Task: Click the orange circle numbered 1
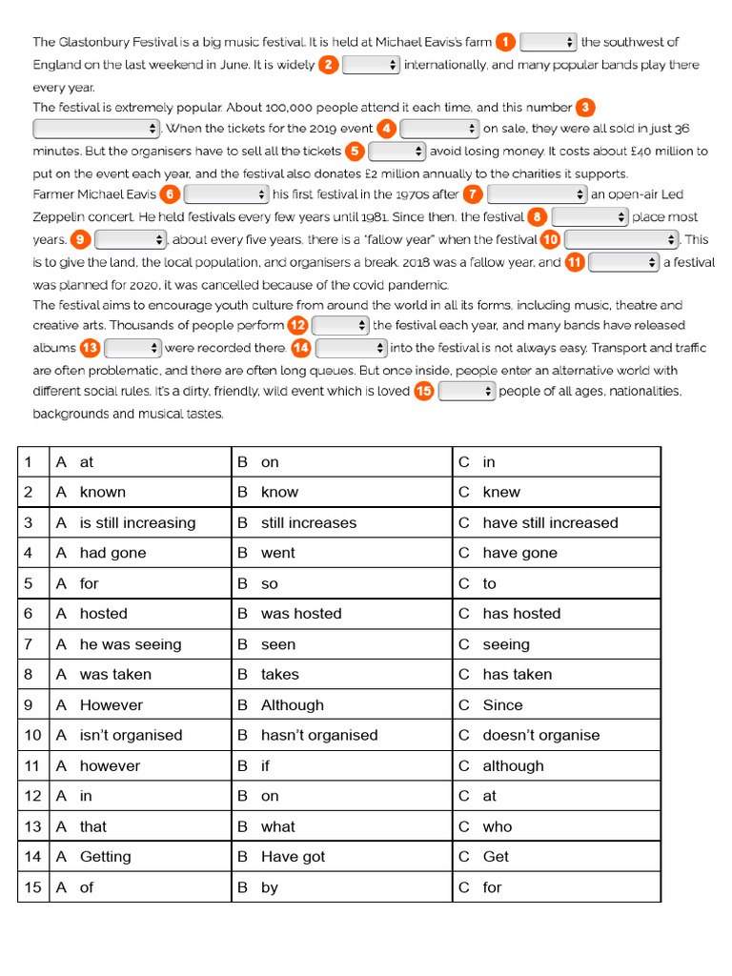tap(505, 42)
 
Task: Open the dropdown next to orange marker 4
tap(439, 129)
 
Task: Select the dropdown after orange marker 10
tap(620, 239)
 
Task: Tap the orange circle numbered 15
tap(424, 391)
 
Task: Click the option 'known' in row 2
tap(102, 492)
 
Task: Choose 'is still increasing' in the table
tap(137, 522)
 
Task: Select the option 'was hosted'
tap(301, 614)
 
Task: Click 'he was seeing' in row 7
tap(130, 644)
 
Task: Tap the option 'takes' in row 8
tap(279, 674)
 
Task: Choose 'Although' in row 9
tap(292, 705)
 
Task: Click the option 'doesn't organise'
tap(540, 735)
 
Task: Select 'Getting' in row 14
tap(105, 856)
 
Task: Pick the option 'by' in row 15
tap(270, 887)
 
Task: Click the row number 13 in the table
tap(33, 826)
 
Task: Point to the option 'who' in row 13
tap(497, 826)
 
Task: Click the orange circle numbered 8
tap(538, 217)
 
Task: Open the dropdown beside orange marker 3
tap(96, 128)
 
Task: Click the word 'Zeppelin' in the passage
tap(59, 217)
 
